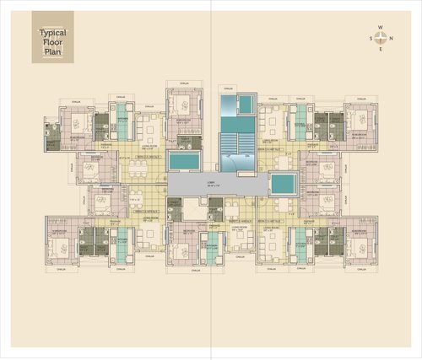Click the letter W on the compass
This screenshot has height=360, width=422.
click(381, 28)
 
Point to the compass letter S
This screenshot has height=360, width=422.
click(371, 37)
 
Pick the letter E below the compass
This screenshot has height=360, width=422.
click(381, 48)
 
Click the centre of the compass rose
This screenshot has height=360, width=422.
click(381, 37)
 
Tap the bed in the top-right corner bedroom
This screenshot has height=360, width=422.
click(361, 118)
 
